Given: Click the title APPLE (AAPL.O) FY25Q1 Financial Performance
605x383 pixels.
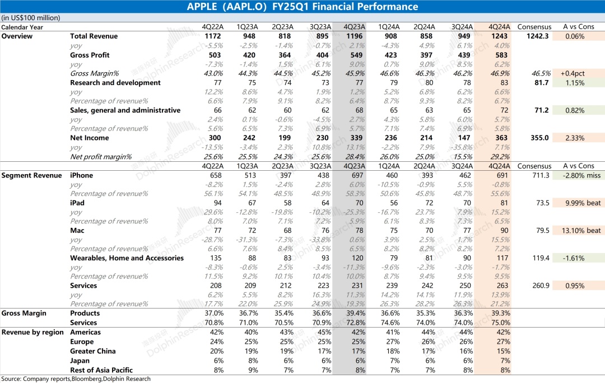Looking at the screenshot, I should click(302, 7).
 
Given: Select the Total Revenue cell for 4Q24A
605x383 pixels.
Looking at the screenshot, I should click(499, 36).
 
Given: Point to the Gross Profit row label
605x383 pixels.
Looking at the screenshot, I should click(90, 55).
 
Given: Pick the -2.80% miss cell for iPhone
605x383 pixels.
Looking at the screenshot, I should click(581, 175).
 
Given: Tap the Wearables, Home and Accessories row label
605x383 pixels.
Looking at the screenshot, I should click(127, 258).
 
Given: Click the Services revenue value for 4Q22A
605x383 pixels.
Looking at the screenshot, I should click(212, 286).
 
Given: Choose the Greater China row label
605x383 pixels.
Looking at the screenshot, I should click(92, 351).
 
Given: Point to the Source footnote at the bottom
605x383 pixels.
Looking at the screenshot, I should click(76, 379).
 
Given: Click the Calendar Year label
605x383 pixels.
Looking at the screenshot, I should click(22, 27).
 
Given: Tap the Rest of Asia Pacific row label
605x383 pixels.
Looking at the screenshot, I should click(101, 370).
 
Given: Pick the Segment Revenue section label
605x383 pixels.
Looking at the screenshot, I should click(31, 175).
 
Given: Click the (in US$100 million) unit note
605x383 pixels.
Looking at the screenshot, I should click(30, 18).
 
